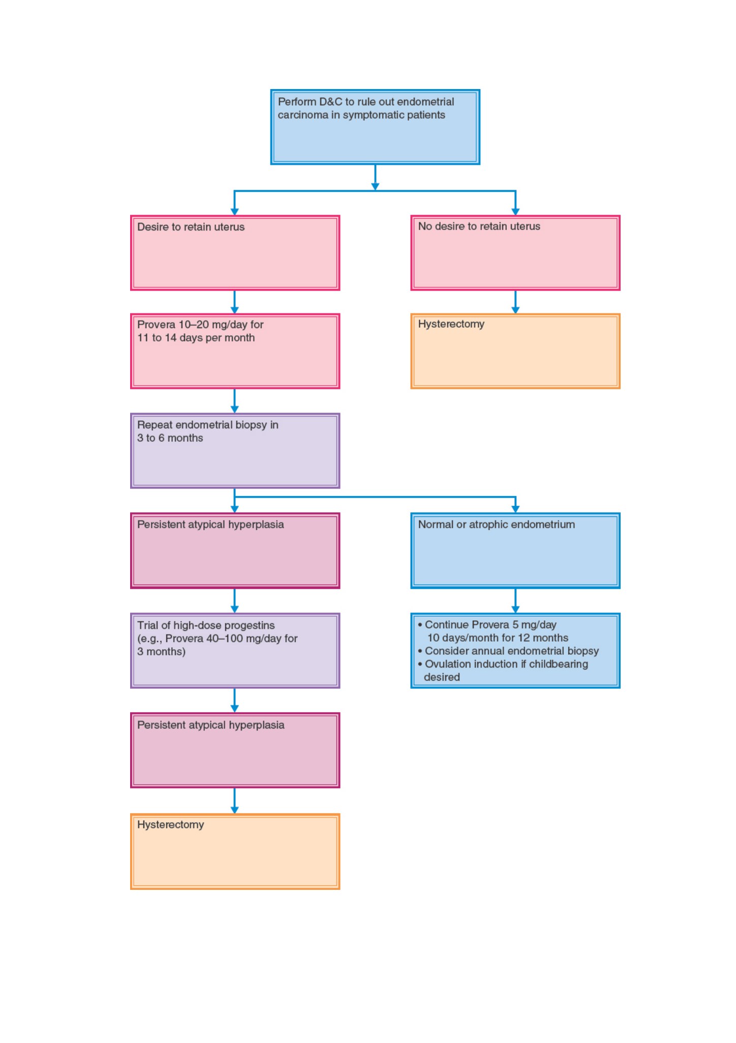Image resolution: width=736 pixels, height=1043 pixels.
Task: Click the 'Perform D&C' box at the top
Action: point(375,127)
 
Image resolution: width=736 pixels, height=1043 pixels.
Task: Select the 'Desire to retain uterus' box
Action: point(235,253)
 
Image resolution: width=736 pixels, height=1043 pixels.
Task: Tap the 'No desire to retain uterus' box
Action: point(515,253)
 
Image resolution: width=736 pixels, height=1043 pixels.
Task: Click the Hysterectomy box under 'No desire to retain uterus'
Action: point(515,351)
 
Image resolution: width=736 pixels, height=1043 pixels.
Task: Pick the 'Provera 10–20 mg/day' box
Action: point(235,351)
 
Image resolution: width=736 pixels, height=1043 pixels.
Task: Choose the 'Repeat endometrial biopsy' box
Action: point(235,451)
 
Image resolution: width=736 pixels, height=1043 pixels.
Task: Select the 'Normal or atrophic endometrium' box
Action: point(515,551)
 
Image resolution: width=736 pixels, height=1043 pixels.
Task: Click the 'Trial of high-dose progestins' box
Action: point(235,651)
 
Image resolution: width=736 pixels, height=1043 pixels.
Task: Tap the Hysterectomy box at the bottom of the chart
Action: point(235,852)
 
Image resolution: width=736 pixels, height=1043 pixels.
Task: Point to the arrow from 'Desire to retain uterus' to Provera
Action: point(234,302)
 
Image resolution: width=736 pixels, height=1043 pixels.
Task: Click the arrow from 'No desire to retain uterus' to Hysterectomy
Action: point(515,302)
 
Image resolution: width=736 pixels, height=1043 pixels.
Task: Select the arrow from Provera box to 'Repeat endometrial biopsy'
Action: point(234,401)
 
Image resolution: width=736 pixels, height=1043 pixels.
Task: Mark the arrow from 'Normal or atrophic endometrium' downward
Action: point(515,601)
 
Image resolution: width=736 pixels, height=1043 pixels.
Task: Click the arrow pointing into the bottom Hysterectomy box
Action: point(234,801)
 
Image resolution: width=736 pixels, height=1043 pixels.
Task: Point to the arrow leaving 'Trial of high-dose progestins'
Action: point(234,701)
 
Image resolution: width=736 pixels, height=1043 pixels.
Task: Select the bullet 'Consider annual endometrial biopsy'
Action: point(508,651)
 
